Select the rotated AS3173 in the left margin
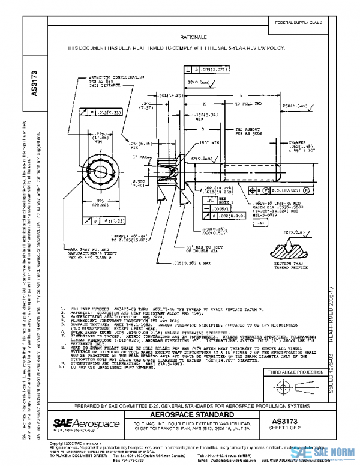pos(34,83)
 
